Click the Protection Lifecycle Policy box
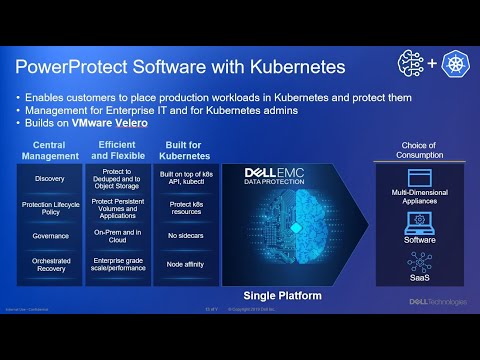(x=50, y=208)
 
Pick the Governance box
(x=50, y=236)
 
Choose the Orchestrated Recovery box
(x=50, y=264)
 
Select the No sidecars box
(x=185, y=236)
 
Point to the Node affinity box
(x=185, y=264)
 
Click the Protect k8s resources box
(x=185, y=208)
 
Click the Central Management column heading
(x=50, y=150)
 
